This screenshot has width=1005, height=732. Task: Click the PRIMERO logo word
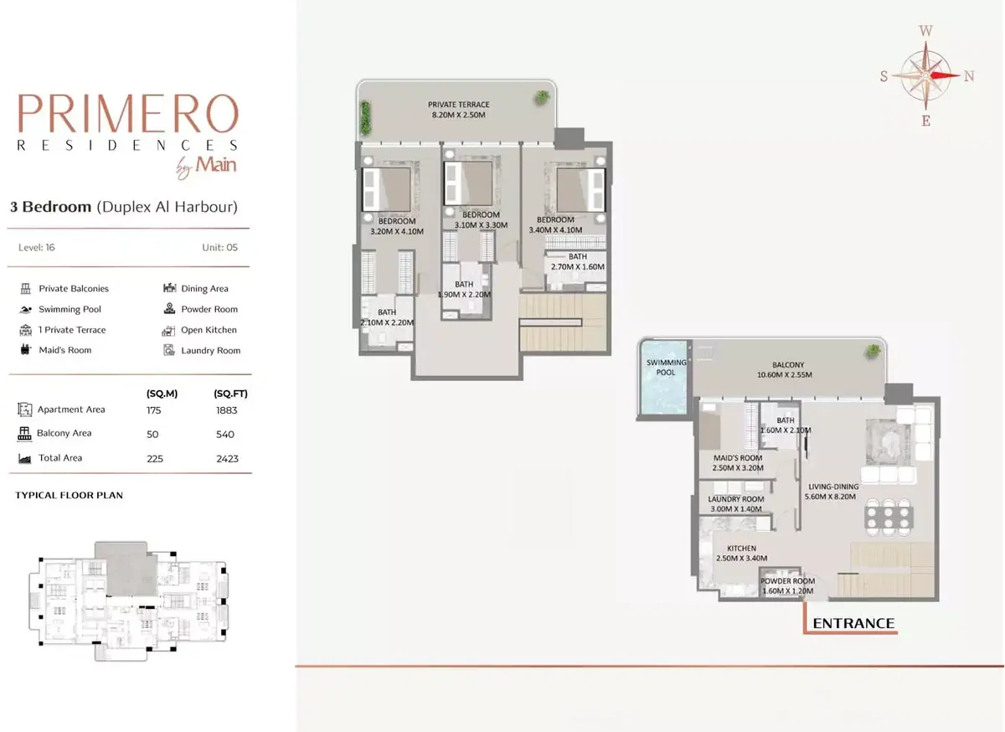pos(128,114)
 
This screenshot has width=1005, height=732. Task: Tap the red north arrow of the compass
pos(944,76)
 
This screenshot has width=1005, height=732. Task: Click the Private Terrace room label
pos(459,105)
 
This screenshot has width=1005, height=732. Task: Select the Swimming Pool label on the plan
pos(667,367)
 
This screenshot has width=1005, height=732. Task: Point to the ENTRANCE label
pos(853,623)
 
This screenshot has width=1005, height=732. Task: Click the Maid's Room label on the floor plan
pos(738,458)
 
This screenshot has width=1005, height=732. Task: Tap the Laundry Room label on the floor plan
pos(736,499)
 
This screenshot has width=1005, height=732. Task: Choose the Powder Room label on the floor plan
pos(787,581)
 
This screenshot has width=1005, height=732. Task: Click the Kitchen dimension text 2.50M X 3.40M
pos(742,559)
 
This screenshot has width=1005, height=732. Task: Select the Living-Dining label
pos(833,487)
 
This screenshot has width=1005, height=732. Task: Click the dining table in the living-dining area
pos(889,517)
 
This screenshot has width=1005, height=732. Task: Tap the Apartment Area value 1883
pos(227,410)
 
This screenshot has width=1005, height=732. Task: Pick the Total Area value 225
pos(155,459)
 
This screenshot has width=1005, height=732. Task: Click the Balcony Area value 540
pos(224,435)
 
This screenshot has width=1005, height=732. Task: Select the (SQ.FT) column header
pos(230,394)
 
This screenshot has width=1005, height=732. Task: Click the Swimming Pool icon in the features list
pos(26,310)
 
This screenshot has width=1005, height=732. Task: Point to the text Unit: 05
pos(219,247)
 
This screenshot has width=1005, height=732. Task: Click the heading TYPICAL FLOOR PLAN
pos(69,496)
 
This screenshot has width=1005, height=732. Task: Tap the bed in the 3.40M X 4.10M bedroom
pos(580,190)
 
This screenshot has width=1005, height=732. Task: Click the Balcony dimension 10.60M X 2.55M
pos(785,374)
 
